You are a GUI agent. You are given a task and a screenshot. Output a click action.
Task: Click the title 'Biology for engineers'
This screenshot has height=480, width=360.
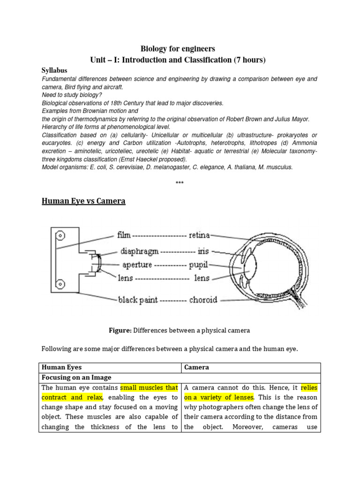click(178, 49)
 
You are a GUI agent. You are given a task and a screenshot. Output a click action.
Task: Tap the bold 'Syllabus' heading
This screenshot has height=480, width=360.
click(54, 70)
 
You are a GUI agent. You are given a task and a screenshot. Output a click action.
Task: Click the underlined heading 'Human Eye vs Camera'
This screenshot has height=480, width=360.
click(83, 201)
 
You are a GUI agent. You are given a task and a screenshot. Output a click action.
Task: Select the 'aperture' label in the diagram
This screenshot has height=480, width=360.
click(136, 264)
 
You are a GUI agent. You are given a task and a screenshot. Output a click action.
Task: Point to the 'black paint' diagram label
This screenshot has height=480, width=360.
click(138, 299)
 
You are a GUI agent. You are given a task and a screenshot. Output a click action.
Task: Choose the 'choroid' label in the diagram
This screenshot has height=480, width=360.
click(203, 299)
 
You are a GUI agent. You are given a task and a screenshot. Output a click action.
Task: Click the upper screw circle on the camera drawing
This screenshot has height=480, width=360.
click(60, 235)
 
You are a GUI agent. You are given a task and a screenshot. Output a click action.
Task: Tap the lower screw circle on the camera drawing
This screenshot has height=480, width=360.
click(60, 283)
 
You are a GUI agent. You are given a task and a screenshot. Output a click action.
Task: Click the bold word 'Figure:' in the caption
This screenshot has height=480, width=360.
click(120, 330)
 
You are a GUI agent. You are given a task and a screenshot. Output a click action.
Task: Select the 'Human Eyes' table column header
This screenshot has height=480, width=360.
click(62, 367)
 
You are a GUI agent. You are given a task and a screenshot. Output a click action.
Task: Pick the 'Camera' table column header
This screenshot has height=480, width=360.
click(196, 367)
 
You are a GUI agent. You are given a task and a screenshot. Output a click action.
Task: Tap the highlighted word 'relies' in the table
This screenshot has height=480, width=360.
click(309, 388)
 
